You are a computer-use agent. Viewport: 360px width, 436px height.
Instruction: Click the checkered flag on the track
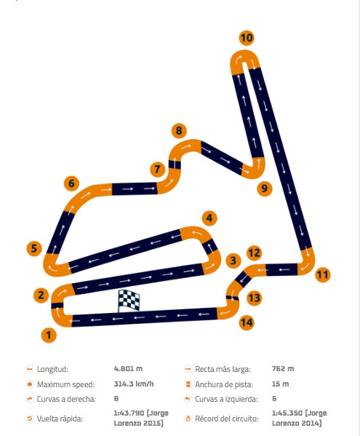click(x=129, y=301)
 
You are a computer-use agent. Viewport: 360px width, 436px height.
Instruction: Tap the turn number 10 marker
click(x=247, y=38)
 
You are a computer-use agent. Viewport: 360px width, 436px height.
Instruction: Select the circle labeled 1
click(x=49, y=335)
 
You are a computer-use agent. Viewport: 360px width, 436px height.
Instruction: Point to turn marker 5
click(x=34, y=248)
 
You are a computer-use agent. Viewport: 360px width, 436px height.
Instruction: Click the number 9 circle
click(x=265, y=189)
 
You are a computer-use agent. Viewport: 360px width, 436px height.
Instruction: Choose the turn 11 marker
click(x=323, y=274)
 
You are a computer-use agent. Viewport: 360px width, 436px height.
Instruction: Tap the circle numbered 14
click(x=247, y=322)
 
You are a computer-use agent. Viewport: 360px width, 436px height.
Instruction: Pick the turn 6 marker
click(x=71, y=183)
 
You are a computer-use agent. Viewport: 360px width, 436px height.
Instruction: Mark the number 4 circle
click(x=209, y=218)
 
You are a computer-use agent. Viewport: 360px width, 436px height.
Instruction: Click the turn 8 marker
click(x=179, y=130)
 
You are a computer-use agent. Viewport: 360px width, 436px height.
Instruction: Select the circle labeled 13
click(x=254, y=298)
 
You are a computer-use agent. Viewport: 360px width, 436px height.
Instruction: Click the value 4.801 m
click(x=128, y=369)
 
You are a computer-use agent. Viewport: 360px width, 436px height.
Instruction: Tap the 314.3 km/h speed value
click(x=134, y=384)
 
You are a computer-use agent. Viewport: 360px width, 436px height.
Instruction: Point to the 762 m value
click(x=283, y=369)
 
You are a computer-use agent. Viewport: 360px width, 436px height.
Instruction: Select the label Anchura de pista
click(x=224, y=384)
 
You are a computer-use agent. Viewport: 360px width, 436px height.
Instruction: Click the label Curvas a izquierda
click(x=226, y=400)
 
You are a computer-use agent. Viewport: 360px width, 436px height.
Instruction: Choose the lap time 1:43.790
click(x=129, y=413)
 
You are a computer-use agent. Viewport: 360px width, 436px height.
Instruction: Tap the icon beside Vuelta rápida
click(x=29, y=419)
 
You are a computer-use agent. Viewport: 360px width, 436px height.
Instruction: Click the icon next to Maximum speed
click(x=29, y=384)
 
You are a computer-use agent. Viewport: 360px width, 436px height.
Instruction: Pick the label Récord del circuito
click(x=227, y=419)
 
